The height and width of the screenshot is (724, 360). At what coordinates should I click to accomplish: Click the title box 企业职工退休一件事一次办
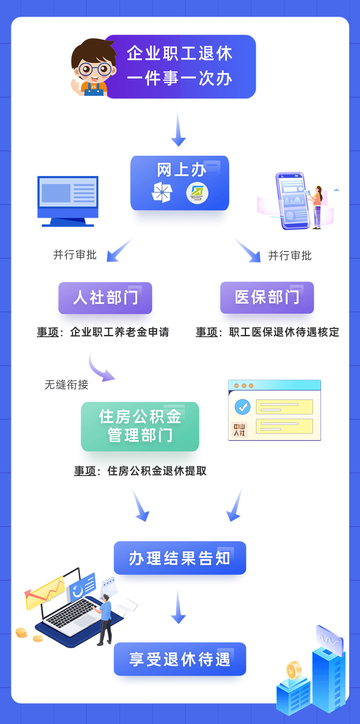[x=180, y=67]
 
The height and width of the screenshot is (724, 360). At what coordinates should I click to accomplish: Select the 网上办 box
[x=180, y=182]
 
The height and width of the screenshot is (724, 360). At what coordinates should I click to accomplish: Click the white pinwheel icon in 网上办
[x=162, y=193]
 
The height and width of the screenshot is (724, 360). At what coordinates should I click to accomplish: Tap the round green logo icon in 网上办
[x=197, y=193]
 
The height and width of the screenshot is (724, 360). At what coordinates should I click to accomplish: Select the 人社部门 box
[x=105, y=298]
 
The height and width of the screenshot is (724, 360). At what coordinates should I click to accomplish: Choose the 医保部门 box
[x=267, y=297]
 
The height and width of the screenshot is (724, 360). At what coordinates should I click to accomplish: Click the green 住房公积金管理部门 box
[x=140, y=426]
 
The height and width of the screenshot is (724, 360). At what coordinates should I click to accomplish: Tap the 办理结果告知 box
[x=180, y=558]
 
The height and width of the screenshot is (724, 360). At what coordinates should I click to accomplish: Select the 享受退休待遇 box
[x=180, y=659]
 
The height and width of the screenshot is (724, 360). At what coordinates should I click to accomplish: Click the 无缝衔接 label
[x=67, y=385]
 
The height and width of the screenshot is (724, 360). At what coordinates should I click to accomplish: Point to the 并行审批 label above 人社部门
[x=74, y=255]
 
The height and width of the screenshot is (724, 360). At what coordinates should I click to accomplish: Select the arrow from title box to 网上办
[x=178, y=129]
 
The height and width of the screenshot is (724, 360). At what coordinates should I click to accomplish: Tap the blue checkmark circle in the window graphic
[x=242, y=406]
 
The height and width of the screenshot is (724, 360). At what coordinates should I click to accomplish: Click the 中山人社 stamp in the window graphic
[x=239, y=429]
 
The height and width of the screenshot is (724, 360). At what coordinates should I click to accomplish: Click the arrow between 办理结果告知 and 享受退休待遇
[x=178, y=606]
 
